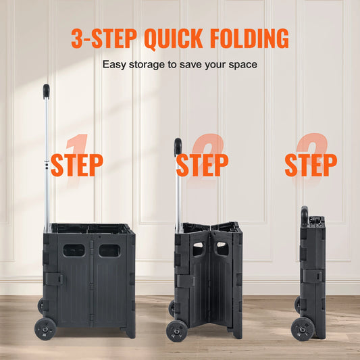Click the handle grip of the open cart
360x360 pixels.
point(47,91)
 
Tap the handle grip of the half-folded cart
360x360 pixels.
point(178,147)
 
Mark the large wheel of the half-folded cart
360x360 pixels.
point(178,330)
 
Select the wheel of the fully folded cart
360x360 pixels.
point(302,328)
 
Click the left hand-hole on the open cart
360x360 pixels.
point(74,250)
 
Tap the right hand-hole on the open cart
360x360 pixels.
point(109,250)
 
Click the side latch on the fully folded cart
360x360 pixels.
point(311,276)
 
